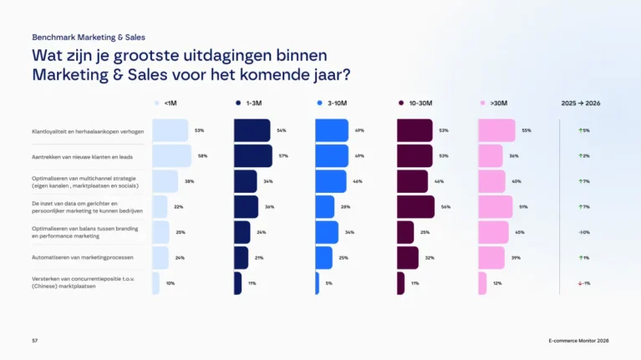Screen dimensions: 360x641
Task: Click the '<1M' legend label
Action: [x=170, y=103]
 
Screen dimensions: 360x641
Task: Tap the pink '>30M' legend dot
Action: [x=482, y=103]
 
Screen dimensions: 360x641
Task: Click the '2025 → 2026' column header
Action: [x=581, y=103]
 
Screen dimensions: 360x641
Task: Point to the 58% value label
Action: [x=202, y=156]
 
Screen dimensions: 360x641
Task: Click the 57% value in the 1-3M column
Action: [x=283, y=156]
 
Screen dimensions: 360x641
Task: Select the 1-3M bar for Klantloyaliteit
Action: [x=252, y=130]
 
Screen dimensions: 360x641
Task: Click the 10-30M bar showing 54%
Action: [x=415, y=206]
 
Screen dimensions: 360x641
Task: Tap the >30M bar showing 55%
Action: [x=496, y=130]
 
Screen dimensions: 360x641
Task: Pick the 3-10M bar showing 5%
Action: [x=318, y=283]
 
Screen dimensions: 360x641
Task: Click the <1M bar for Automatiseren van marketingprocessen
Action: [x=160, y=257]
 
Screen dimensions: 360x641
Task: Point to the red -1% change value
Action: [x=584, y=283]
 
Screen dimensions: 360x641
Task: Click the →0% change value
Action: [x=584, y=232]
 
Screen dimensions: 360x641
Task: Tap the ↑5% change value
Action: [x=584, y=130]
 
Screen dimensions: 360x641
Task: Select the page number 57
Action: [x=35, y=341]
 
